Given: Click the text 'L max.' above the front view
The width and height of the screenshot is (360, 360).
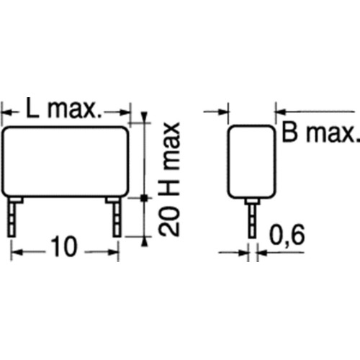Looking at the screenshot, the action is (x=64, y=108).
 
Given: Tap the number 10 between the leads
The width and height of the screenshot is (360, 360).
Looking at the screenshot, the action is (x=64, y=246).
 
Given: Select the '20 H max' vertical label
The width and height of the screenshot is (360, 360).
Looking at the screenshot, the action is (x=169, y=179).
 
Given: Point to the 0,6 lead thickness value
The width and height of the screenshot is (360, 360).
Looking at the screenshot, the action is (x=287, y=235).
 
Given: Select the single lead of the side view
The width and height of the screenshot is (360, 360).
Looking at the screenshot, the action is (x=252, y=218).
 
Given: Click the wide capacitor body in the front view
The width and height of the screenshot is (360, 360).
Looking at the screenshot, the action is (x=66, y=161).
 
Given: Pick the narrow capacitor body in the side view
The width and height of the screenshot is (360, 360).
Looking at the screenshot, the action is (x=251, y=162).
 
